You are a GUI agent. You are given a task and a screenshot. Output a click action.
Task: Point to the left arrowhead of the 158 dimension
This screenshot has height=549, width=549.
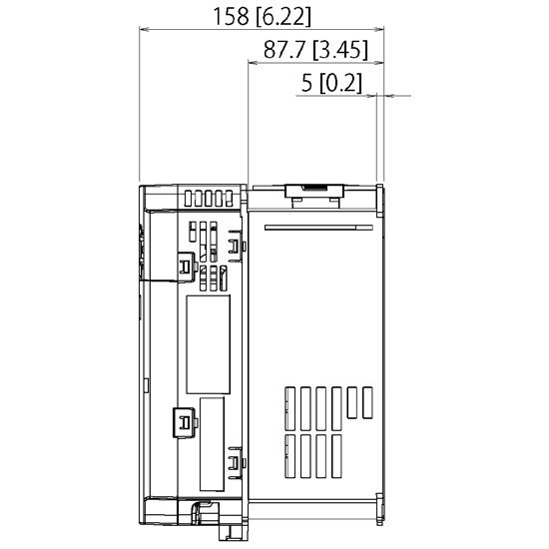pos(142,30)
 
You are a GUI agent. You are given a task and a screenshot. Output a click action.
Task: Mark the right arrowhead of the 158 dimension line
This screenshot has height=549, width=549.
pos(382,30)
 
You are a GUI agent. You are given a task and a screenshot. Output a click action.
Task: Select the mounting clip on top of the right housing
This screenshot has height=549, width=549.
pos(314,190)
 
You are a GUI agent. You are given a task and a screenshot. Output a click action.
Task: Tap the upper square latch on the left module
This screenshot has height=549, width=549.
pos(186,264)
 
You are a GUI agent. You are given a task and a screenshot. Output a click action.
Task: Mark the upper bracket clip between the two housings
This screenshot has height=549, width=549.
pos(235,244)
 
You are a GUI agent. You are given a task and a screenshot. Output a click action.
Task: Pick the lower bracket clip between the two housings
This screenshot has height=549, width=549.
pos(235,462)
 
